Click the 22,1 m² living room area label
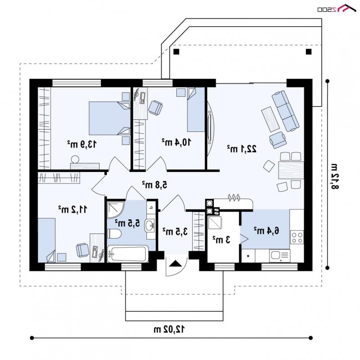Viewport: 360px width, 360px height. point(242,149)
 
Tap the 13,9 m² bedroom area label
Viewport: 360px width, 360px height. point(82,144)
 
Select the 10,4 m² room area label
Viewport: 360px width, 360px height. point(176,142)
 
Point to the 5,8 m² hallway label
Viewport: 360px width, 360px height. point(154,184)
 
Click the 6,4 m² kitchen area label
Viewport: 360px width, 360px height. point(266,230)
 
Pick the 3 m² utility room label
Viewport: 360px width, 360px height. point(221,240)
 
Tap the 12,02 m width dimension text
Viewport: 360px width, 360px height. point(169,329)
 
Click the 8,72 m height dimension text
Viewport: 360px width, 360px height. point(334,176)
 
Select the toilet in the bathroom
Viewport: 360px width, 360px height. point(114,234)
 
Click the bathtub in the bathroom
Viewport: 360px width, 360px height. point(128,254)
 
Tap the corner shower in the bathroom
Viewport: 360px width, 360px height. point(115,210)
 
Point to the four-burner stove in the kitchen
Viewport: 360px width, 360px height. point(297,237)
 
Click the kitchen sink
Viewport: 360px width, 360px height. point(279,256)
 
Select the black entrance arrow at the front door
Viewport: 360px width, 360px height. point(175,263)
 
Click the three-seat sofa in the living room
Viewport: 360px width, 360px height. point(285,111)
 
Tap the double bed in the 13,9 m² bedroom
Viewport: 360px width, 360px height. point(109,118)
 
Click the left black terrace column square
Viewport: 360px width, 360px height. point(176,51)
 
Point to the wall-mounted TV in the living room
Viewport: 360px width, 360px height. point(210,127)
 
